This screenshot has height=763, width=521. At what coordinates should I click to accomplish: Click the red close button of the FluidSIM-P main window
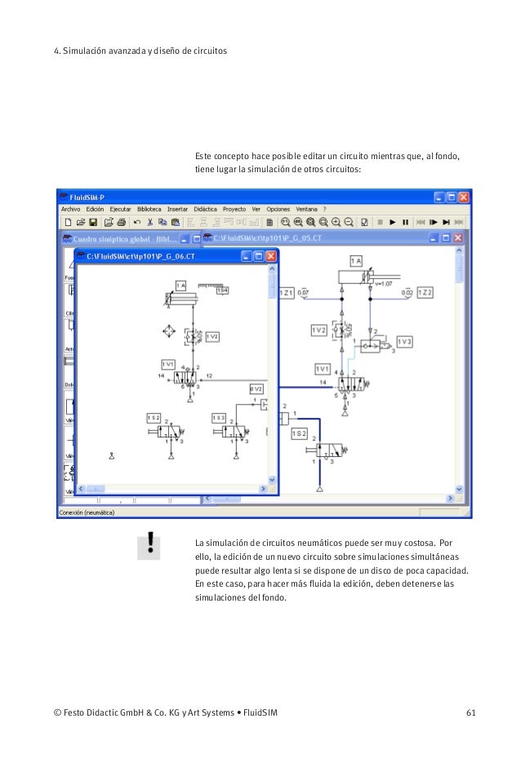[463, 197]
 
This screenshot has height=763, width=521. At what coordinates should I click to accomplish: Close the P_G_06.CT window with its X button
[271, 256]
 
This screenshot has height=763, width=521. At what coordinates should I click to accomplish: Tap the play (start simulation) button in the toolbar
[392, 222]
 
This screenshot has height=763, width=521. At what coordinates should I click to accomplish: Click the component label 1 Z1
[287, 292]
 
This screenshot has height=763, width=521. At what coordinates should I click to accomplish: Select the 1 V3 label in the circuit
[405, 340]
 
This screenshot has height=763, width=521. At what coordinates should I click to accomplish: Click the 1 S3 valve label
[218, 417]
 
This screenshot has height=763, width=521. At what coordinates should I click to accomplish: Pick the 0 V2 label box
[256, 389]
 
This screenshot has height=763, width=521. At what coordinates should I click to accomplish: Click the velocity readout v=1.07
[384, 284]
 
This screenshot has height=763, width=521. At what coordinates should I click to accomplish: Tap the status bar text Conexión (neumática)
[85, 512]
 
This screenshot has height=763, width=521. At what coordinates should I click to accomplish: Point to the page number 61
[470, 715]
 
